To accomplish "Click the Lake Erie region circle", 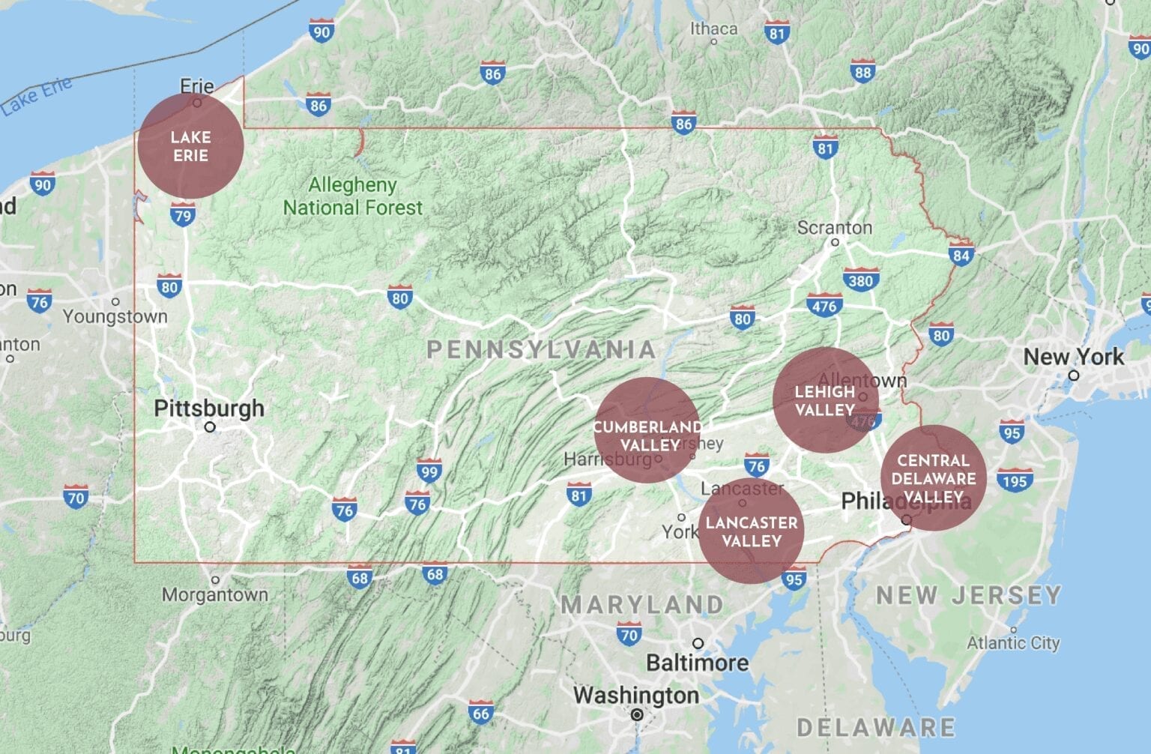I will point(190,145).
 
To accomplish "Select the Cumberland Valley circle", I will point(647,430).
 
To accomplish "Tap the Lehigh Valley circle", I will point(825,400).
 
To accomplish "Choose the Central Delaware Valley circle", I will point(933,478).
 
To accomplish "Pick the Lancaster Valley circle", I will point(752,531).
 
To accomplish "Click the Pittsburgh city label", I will point(209,408).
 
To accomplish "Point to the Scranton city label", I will point(834,227).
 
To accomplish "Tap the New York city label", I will point(1073,357).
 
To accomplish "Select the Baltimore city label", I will point(697,663).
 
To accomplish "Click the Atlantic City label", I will point(1013,643).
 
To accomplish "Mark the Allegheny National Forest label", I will point(352,196).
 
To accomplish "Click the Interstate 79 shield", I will point(182,216).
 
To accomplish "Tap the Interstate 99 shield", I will point(429,471).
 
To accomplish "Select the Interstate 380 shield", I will point(860,281).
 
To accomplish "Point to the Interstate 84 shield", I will point(961,255).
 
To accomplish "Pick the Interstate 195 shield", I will point(1015,480).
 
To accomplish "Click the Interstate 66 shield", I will point(480,714).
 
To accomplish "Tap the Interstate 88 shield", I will point(863,72).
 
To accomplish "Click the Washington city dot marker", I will point(637,715).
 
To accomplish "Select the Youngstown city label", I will point(115,316).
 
